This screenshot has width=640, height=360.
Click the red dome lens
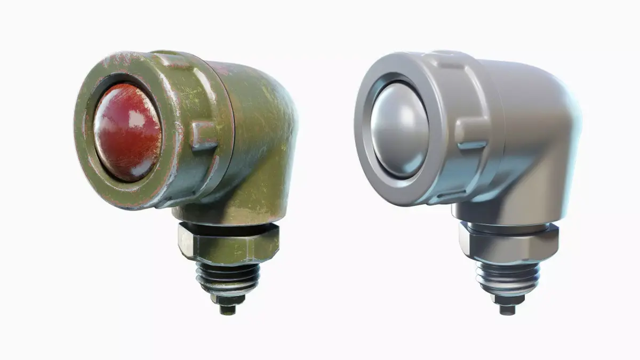pyautogui.click(x=127, y=132)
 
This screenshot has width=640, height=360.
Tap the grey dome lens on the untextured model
pyautogui.click(x=400, y=131)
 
